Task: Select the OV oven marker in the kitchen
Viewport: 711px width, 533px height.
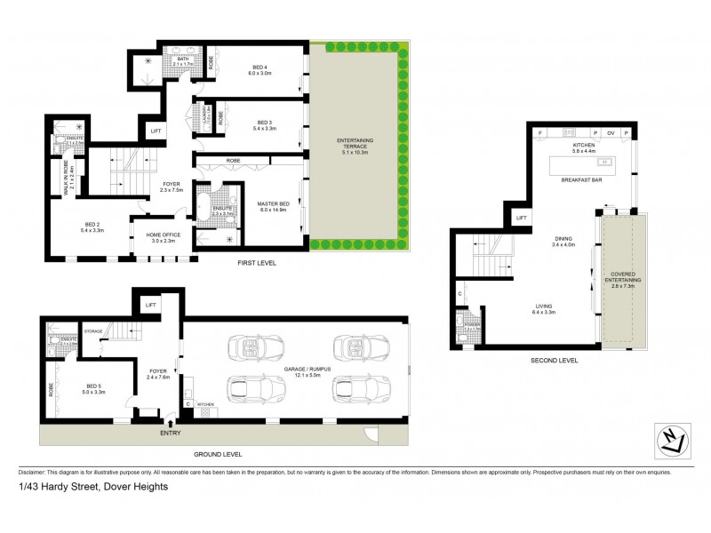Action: click(611, 132)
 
